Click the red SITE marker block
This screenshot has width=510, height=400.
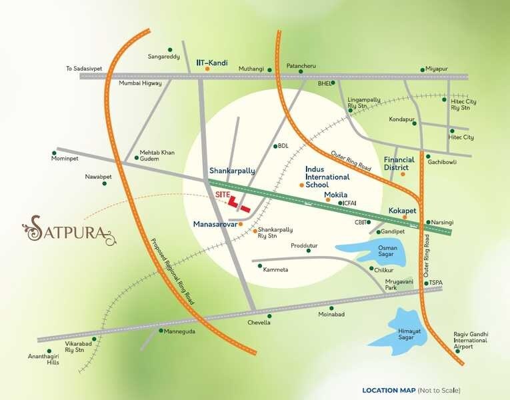click(237, 203)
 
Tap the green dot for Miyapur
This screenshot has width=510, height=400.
click(422, 69)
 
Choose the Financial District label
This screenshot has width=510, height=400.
click(399, 164)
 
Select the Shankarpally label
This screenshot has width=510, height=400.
click(232, 171)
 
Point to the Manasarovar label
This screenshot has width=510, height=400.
click(215, 224)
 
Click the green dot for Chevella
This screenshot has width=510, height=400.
click(269, 316)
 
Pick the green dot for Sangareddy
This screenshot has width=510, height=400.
click(170, 49)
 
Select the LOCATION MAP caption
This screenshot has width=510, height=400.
click(389, 390)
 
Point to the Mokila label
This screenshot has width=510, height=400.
click(337, 195)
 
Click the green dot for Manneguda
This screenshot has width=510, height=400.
click(161, 330)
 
